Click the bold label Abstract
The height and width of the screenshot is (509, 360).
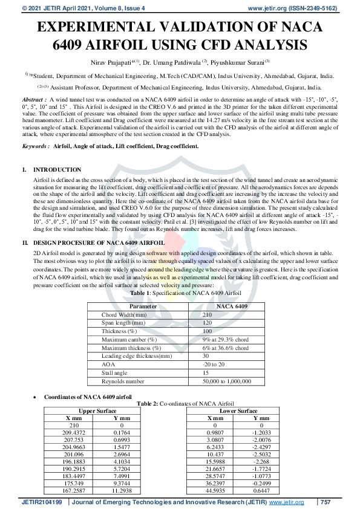(x=33, y=98)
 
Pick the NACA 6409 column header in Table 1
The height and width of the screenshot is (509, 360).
(x=231, y=306)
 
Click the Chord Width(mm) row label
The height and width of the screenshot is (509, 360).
(x=124, y=315)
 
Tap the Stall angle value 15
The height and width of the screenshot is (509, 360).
(x=206, y=373)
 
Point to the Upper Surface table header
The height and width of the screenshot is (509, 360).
(x=98, y=410)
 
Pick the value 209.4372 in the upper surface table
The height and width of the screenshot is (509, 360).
(x=74, y=433)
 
